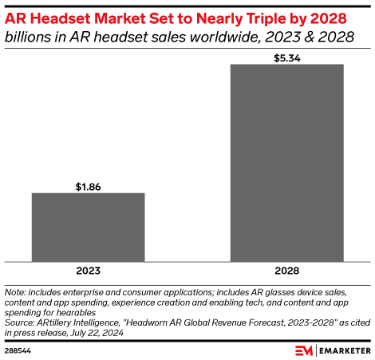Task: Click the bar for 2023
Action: (88, 227)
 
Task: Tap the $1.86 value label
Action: (88, 186)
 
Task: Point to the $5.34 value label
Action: (287, 57)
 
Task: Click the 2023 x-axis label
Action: (88, 270)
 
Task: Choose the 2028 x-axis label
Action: (287, 270)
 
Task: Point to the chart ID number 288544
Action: (18, 350)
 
